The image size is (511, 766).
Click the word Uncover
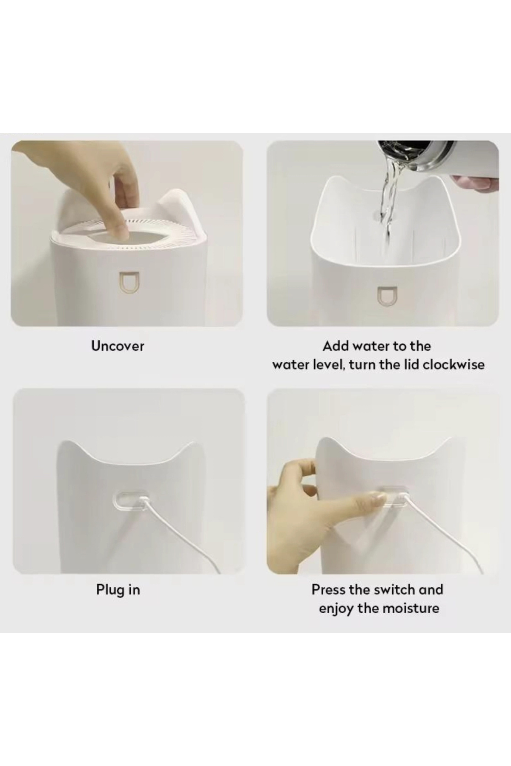(118, 346)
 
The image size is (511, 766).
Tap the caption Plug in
(118, 590)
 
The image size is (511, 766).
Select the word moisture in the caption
(409, 608)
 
